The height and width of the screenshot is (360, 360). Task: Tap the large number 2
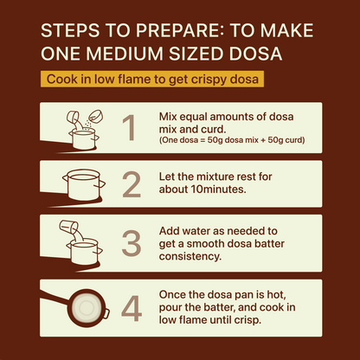[131, 184]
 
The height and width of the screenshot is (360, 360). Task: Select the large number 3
[131, 242]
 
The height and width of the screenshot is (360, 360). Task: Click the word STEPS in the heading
[69, 31]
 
